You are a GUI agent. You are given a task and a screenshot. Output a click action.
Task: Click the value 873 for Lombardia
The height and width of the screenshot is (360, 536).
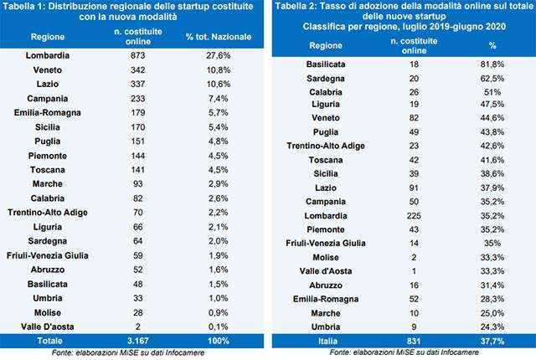[130, 54]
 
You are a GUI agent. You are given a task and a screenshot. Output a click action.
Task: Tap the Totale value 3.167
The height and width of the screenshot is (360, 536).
[130, 342]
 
